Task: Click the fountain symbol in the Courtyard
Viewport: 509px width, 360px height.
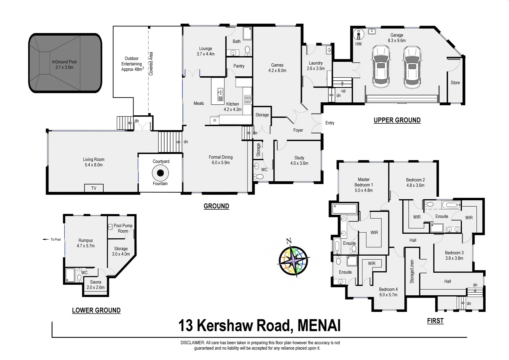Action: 160,173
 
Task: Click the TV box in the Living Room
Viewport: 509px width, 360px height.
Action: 94,188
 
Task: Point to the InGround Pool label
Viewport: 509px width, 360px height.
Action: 64,64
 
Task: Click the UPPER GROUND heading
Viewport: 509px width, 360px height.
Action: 397,120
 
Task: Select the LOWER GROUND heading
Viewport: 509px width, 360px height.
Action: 96,310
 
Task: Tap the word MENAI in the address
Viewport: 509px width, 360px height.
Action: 319,326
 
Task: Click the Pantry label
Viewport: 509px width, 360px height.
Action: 239,66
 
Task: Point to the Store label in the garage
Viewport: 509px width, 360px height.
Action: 455,83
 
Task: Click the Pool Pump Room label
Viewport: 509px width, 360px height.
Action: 123,228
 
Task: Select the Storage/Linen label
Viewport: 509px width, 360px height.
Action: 412,271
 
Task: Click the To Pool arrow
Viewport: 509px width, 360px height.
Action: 46,239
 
